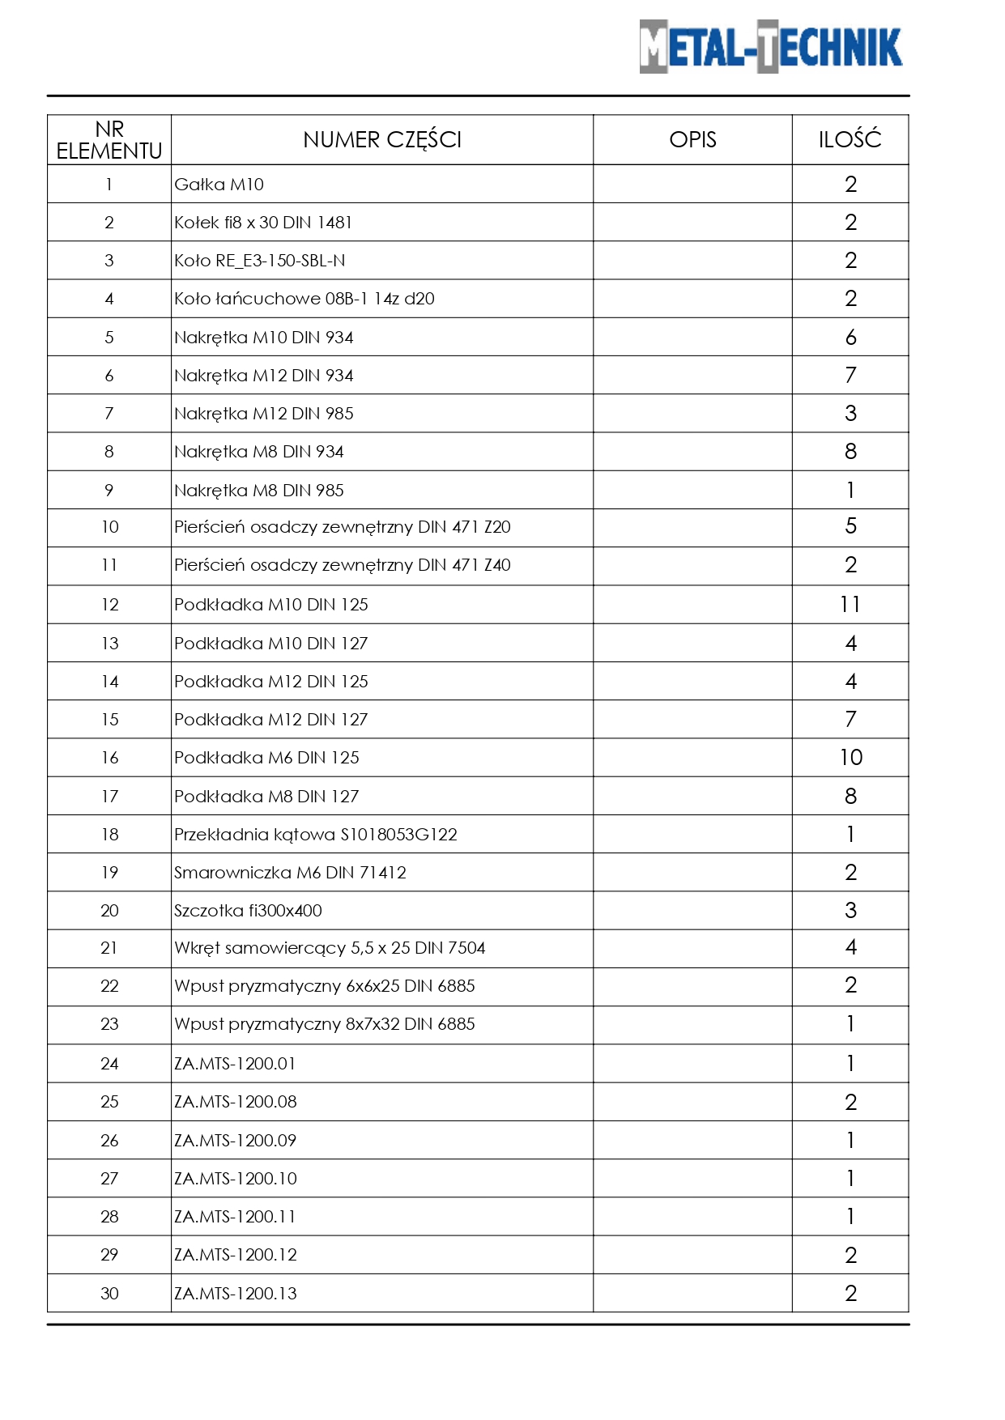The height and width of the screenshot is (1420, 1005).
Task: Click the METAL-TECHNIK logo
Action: (x=770, y=47)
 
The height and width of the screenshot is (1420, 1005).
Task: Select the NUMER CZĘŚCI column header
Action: (x=382, y=140)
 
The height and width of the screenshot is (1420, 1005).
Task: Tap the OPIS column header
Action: (x=692, y=140)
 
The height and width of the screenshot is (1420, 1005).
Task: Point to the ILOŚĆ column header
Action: (x=850, y=140)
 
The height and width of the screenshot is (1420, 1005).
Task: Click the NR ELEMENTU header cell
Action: (x=109, y=140)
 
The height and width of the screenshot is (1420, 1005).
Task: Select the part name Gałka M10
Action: (x=219, y=185)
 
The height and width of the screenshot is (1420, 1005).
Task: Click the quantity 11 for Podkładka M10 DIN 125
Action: (x=850, y=605)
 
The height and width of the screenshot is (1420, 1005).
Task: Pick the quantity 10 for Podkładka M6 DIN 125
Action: (x=850, y=758)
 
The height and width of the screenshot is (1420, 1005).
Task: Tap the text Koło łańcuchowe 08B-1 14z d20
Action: (x=304, y=299)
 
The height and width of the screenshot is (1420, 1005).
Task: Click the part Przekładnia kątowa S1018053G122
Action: (x=316, y=835)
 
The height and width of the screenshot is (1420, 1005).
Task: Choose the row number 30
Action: (x=109, y=1294)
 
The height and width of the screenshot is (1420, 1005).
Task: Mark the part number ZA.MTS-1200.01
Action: (x=236, y=1064)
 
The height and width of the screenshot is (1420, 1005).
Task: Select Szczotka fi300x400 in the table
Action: (x=248, y=911)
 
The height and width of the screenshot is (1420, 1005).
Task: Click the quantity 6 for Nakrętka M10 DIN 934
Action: (x=850, y=338)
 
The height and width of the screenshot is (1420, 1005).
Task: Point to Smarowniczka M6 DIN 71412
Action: (x=290, y=873)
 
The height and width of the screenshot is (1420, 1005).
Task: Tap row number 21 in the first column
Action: (x=109, y=948)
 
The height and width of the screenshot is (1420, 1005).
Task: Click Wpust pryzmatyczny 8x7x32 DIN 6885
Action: (x=325, y=1024)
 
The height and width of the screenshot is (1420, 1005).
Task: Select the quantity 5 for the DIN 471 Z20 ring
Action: (x=850, y=527)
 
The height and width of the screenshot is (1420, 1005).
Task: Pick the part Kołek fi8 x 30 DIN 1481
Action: (x=263, y=223)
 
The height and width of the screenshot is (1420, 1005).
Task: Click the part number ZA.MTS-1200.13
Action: (x=236, y=1294)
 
